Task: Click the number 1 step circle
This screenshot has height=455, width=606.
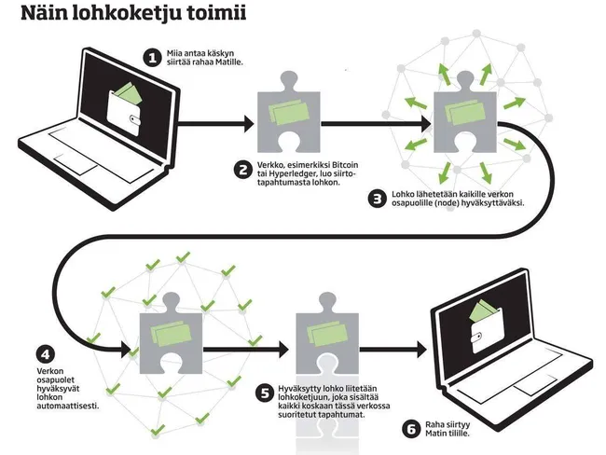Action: point(153,58)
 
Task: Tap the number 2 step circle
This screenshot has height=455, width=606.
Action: point(243,170)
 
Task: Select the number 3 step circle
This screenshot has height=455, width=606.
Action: point(378,199)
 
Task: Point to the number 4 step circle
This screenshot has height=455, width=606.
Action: point(46,354)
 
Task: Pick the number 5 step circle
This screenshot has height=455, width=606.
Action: point(265,393)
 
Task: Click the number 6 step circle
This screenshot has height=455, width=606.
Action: point(411,429)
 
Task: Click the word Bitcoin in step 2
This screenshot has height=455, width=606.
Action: point(345,165)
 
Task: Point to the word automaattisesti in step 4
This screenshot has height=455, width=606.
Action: point(68,407)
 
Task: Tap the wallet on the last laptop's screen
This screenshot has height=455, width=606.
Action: point(486,327)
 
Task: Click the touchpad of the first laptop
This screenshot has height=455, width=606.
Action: point(76,163)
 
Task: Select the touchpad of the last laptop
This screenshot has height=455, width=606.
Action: point(535,385)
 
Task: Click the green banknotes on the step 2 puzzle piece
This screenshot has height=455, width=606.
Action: point(289,112)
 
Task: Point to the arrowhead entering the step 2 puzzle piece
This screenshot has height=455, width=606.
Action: point(249,124)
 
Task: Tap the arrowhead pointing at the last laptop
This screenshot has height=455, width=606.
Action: point(422,350)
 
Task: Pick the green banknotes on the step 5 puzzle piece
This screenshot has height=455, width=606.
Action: point(327,334)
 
